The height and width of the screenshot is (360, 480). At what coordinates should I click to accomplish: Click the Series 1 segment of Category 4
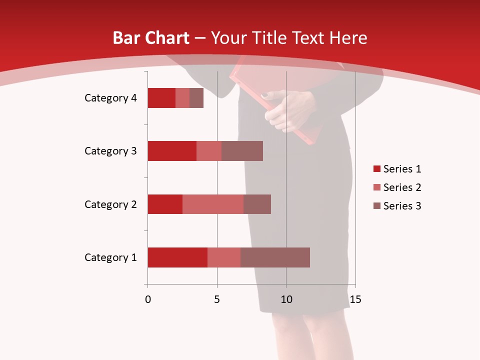point(161,98)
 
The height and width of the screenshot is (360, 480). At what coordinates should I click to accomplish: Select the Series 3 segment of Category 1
point(275,257)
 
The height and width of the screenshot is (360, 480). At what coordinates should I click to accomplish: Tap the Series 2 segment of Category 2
point(213,204)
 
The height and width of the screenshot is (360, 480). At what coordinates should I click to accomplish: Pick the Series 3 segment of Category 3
point(242,151)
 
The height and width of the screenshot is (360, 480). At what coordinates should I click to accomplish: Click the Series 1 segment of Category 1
point(177,257)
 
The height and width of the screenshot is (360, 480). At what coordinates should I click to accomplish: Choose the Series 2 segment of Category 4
point(182,98)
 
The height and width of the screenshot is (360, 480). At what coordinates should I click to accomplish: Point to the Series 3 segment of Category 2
point(257,204)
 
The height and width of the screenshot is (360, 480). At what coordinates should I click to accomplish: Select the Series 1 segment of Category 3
point(172,151)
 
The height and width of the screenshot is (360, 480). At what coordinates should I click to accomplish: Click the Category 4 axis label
point(110,98)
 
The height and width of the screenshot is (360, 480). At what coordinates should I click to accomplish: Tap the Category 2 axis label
point(110,204)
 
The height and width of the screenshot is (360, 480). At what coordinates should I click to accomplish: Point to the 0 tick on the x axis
point(148,299)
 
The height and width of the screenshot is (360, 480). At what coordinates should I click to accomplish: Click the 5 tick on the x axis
point(217,299)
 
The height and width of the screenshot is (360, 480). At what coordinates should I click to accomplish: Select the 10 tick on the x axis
point(286,299)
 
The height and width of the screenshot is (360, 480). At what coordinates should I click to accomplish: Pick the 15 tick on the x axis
point(355,299)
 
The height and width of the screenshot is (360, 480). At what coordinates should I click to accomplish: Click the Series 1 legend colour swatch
point(376,169)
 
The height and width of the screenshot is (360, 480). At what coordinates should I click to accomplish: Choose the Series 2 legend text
point(402,187)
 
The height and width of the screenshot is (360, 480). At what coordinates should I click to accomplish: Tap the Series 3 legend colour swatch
point(376,206)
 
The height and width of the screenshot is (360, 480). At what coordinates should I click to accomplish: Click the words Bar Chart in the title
point(151,38)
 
